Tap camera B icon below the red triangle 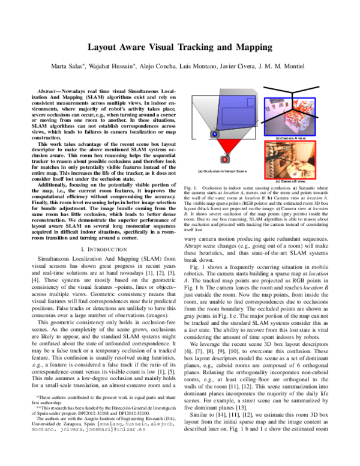(225, 160)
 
